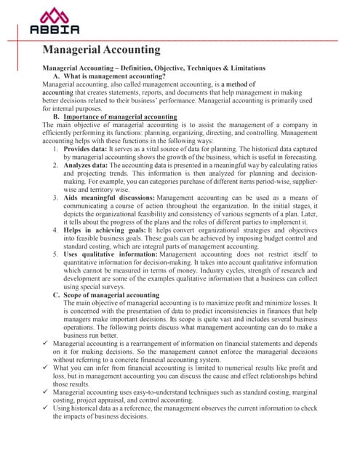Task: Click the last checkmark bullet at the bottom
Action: (x=47, y=408)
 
